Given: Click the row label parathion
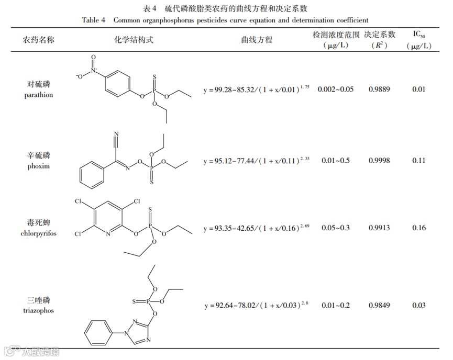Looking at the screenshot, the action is [39, 95].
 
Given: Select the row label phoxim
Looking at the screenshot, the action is [39, 166].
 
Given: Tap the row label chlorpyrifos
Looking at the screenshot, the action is [39, 233].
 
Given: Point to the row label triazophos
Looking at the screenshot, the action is [39, 310].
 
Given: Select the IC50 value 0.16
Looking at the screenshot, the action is [418, 228].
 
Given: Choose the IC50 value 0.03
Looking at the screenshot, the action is [418, 306].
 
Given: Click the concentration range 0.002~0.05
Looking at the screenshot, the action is [336, 89].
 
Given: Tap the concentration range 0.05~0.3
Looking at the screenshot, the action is [336, 228].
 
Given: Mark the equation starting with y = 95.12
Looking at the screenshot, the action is [257, 160].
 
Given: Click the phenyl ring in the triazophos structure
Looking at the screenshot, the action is [98, 332].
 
